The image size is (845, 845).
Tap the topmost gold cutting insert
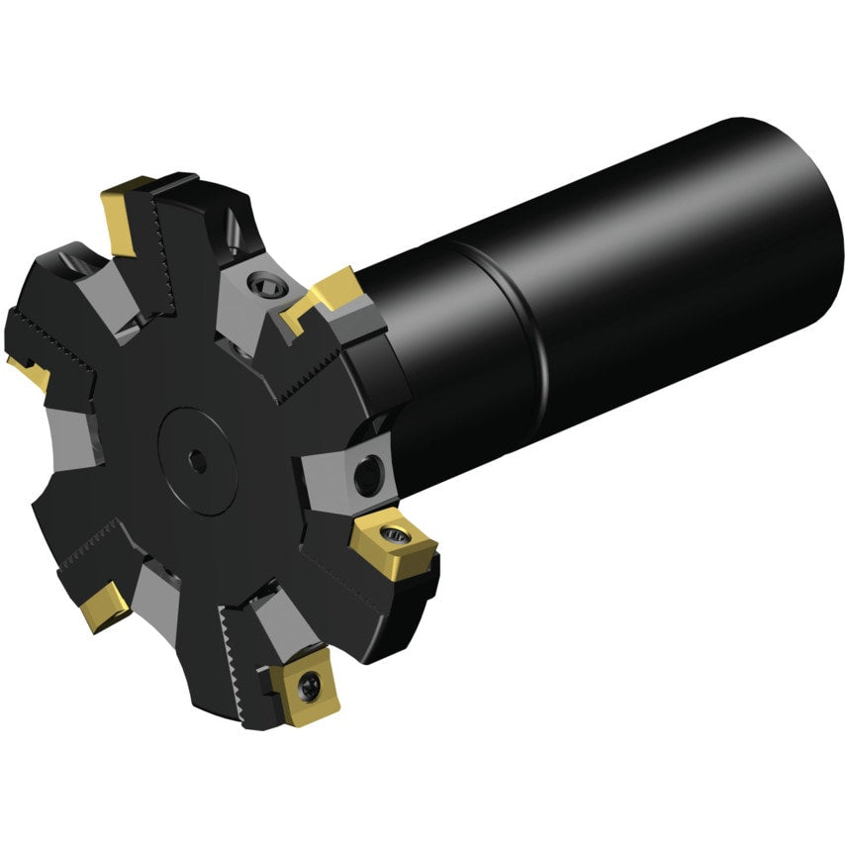(124, 213)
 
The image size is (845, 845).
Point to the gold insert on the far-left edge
(30, 372)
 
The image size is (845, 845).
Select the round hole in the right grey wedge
(367, 475)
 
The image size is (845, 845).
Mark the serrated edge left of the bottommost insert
(235, 648)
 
